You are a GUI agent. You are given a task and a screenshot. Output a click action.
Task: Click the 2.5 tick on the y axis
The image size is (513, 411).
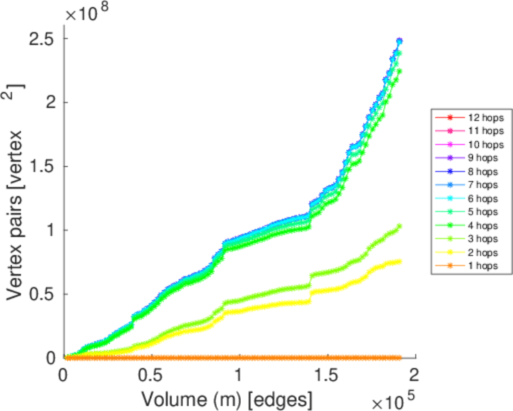coord(42,39)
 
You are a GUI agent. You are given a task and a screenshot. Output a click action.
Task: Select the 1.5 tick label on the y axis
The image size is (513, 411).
coord(42,166)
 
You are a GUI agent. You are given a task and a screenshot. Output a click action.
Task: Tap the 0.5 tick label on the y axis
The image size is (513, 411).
coord(42,294)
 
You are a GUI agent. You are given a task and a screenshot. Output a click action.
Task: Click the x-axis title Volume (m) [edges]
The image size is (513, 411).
coord(228,397)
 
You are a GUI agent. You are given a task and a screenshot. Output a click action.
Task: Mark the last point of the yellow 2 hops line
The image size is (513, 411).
coord(399,262)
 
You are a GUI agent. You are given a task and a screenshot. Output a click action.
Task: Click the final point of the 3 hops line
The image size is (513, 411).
coord(399,226)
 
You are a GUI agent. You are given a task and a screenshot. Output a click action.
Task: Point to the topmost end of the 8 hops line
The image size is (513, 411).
coord(399,40)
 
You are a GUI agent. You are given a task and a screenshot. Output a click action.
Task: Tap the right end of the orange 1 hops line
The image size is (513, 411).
coord(399,358)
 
